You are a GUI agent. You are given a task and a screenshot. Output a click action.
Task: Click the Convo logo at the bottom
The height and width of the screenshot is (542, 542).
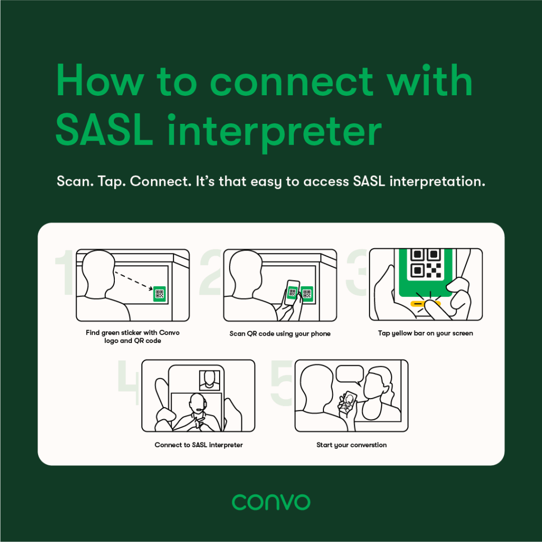coord(271,502)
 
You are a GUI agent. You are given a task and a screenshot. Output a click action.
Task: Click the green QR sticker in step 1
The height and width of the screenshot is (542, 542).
coord(159,294)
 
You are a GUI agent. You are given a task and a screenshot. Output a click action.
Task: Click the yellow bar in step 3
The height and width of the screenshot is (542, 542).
coord(426,304)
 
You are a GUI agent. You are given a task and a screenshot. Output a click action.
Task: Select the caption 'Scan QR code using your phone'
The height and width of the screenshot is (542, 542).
coord(280,333)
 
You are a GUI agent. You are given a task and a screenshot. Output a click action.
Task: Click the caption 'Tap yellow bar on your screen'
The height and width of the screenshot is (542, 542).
coord(426,333)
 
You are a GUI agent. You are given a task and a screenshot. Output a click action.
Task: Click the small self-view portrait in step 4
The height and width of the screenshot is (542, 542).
coord(210,380)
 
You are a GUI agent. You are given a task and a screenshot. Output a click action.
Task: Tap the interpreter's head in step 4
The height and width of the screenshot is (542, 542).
coord(198,403)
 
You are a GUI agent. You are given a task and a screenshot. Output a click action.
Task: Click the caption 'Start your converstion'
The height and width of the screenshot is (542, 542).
coord(351,445)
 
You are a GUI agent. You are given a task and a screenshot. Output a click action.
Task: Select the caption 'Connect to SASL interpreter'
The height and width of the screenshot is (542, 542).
coord(199,445)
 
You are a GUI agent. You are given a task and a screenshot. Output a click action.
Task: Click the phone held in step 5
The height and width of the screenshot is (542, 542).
coord(348,402)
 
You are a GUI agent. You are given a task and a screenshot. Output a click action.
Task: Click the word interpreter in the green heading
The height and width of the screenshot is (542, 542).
coord(275,133)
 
